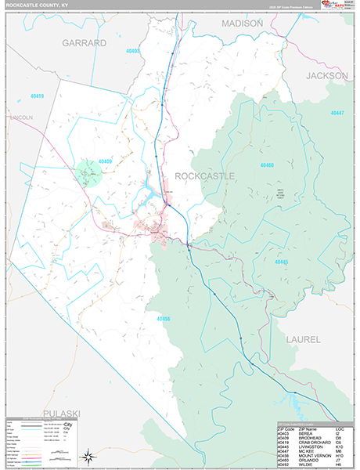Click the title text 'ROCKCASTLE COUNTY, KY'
[38, 5]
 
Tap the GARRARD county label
[84, 43]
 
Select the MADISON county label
[242, 24]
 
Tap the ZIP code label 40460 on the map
[267, 165]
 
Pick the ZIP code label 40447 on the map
[337, 114]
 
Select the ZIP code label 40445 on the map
[282, 262]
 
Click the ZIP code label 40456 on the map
[163, 319]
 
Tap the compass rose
[90, 454]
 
